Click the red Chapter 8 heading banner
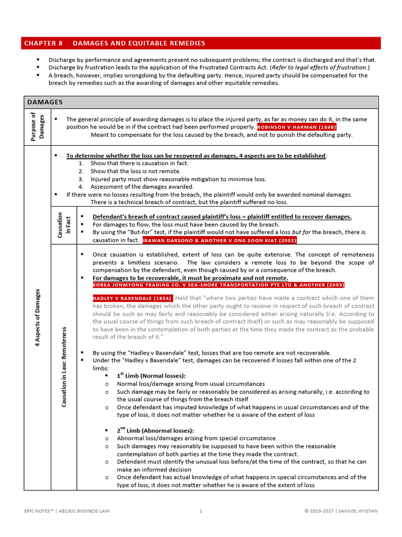[x=202, y=43]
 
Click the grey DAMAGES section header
[x=202, y=102]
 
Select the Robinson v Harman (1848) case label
[x=297, y=127]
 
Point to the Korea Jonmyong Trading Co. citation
[x=218, y=285]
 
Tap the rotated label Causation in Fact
[x=64, y=226]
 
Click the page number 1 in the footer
[x=201, y=510]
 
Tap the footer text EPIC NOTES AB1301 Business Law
[x=68, y=510]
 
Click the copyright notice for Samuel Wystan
[x=340, y=510]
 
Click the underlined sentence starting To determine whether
[x=196, y=156]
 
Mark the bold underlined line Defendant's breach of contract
[x=222, y=217]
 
